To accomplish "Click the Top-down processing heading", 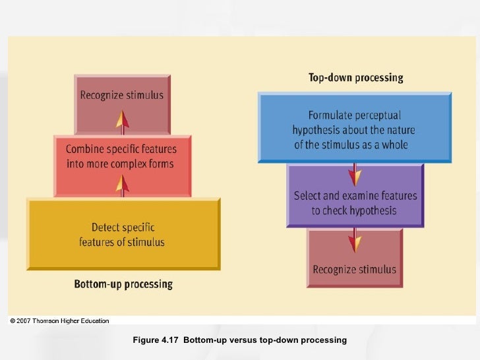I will pyautogui.click(x=355, y=78).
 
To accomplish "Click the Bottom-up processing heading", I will pyautogui.click(x=123, y=285).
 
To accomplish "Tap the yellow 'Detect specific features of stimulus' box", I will pyautogui.click(x=123, y=234).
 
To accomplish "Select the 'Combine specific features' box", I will pyautogui.click(x=121, y=156).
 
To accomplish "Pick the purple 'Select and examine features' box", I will pyautogui.click(x=355, y=203).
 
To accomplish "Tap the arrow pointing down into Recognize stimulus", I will pyautogui.click(x=355, y=241).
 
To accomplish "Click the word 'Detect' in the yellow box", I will pyautogui.click(x=107, y=227).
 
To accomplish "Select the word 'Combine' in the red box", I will pyautogui.click(x=86, y=150).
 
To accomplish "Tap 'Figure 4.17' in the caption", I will pyautogui.click(x=156, y=340).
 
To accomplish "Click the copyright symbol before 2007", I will pyautogui.click(x=12, y=321).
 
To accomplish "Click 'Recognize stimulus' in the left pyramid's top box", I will pyautogui.click(x=122, y=96).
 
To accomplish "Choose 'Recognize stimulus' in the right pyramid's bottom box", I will pyautogui.click(x=355, y=269).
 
